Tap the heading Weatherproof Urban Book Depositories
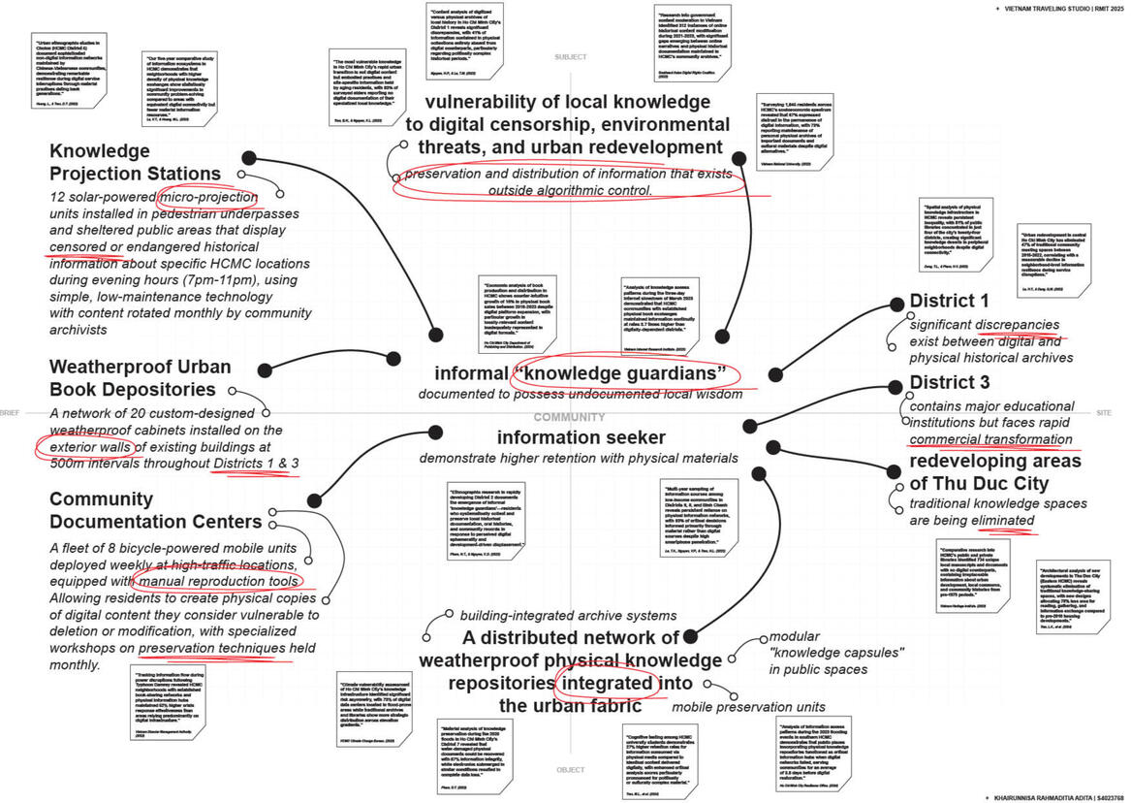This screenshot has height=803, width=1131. click(x=140, y=378)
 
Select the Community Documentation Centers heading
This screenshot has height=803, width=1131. click(x=155, y=511)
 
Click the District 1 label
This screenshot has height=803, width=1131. click(x=949, y=302)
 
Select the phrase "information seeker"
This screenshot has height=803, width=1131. click(x=581, y=437)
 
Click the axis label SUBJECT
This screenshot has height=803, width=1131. click(x=570, y=57)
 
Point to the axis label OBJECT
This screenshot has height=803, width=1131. click(x=570, y=770)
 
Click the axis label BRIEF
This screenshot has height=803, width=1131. click(x=10, y=413)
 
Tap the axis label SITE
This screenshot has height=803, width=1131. click(x=1103, y=413)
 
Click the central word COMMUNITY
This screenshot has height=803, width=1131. click(x=569, y=417)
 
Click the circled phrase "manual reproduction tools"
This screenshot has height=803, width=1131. click(x=217, y=581)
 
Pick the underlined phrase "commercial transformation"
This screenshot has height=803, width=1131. click(x=990, y=439)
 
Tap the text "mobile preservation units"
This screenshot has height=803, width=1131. click(x=748, y=707)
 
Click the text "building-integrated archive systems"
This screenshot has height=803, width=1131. click(x=568, y=615)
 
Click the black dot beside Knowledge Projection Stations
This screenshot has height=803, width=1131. click(x=248, y=158)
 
